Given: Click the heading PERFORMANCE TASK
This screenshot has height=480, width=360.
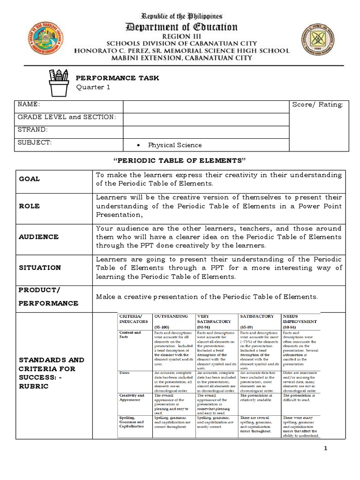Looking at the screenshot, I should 117,78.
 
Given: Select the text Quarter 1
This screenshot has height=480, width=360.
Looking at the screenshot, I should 93,88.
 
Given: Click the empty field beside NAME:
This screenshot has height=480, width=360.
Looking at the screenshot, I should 206,106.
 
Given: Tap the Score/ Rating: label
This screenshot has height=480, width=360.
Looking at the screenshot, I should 317,104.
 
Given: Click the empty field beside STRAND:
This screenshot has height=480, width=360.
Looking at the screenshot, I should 206,132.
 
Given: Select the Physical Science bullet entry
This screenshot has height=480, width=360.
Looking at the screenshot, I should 174,145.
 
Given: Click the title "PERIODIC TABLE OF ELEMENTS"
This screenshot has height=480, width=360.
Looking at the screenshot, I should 180,161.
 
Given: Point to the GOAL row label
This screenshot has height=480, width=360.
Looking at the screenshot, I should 29,179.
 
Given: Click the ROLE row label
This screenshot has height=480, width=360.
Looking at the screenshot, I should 29,206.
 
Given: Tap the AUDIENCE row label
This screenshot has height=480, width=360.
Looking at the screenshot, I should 38,237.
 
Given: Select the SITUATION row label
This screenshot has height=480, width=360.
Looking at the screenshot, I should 40,268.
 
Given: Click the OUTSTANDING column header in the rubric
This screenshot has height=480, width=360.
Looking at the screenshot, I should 171,316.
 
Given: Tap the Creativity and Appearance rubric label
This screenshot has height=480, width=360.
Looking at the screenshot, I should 132,398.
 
